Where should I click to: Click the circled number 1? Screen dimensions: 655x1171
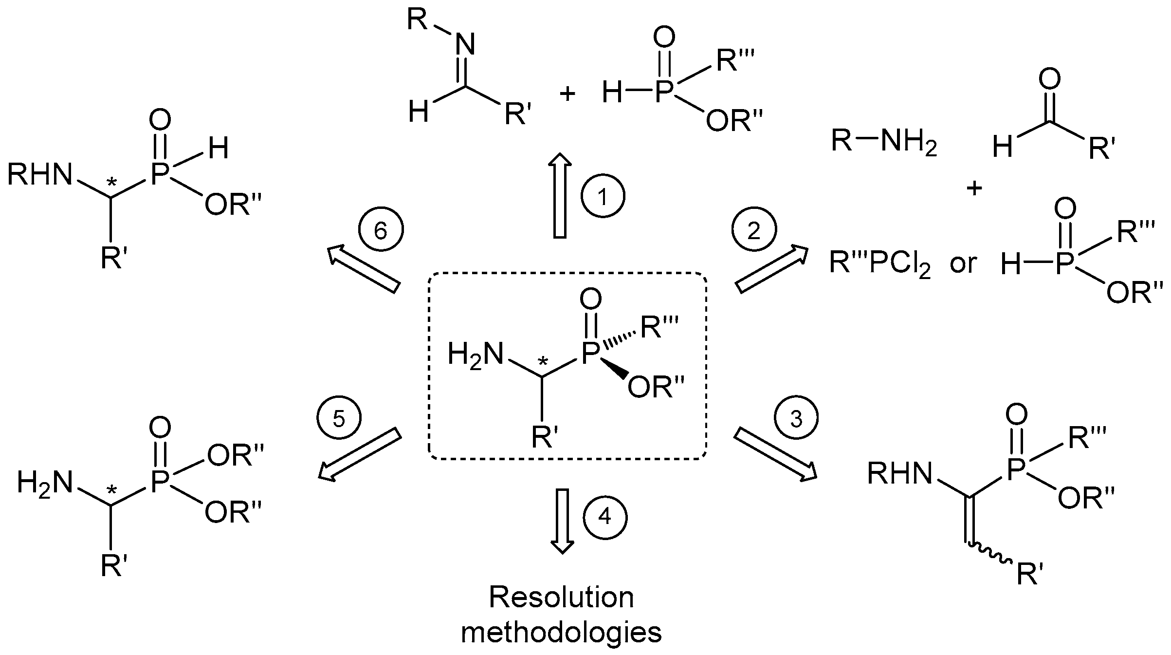coord(603,197)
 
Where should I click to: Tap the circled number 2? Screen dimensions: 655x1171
coord(754,230)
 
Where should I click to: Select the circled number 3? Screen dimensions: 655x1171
coord(796,418)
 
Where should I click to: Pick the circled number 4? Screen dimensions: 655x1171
coord(604,517)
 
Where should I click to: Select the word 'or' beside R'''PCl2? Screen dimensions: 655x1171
coord(963,263)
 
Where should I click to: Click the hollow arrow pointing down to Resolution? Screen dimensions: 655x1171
coord(562,521)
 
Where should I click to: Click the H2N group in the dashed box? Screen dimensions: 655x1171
coord(475,354)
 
